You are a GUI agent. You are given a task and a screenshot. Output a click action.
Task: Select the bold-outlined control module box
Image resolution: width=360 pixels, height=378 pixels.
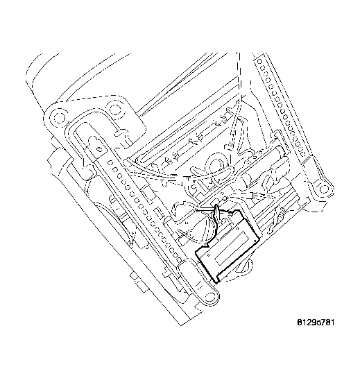[x=228, y=246]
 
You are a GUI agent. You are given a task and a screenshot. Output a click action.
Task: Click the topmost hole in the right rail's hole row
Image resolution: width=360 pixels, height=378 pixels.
[x=261, y=63]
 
